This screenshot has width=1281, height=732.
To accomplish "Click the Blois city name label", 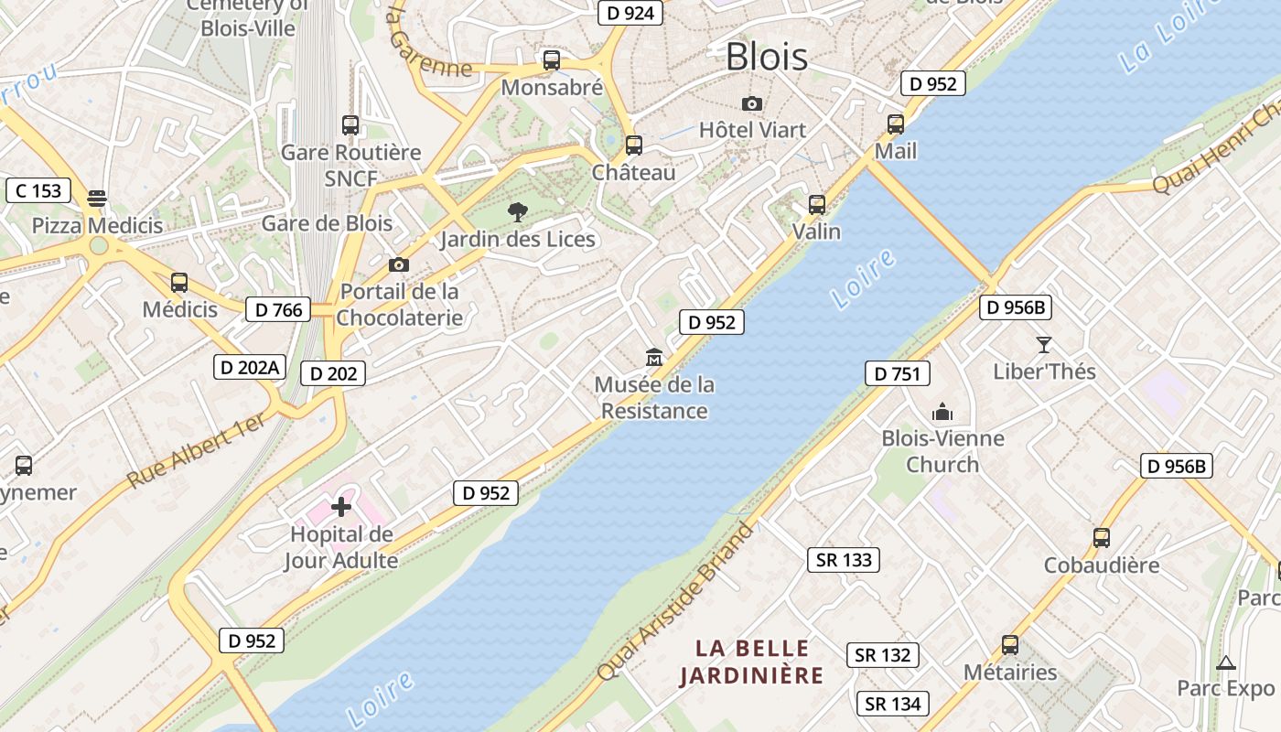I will pyautogui.click(x=767, y=57).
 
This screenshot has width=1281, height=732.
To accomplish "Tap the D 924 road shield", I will pyautogui.click(x=630, y=12).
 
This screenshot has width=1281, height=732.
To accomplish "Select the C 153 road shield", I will pyautogui.click(x=38, y=190).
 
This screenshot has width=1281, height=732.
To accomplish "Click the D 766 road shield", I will pyautogui.click(x=278, y=309).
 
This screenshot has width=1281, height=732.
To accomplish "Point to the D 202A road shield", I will pyautogui.click(x=250, y=368).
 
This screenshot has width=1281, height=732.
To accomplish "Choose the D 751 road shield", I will pyautogui.click(x=897, y=373).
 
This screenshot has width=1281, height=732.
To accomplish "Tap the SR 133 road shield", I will pyautogui.click(x=843, y=560).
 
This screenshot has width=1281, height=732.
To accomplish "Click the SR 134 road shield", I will pyautogui.click(x=893, y=704).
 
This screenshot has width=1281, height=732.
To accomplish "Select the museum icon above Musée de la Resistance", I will pyautogui.click(x=654, y=357).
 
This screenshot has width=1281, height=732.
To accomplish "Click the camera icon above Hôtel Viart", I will pyautogui.click(x=752, y=103).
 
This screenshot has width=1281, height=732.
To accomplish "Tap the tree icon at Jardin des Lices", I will pyautogui.click(x=517, y=212).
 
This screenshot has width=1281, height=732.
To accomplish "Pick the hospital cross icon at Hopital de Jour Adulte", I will pyautogui.click(x=341, y=507).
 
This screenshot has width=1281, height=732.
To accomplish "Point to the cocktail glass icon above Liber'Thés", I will pyautogui.click(x=1044, y=345).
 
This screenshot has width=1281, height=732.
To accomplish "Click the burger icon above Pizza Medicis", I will pyautogui.click(x=97, y=199).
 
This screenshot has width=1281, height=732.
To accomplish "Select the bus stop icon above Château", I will pyautogui.click(x=633, y=145).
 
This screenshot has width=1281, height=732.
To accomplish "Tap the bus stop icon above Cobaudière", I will pyautogui.click(x=1102, y=537).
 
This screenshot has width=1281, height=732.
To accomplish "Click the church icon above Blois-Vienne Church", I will pyautogui.click(x=942, y=412).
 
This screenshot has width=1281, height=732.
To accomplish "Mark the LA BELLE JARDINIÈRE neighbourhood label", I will pyautogui.click(x=752, y=662).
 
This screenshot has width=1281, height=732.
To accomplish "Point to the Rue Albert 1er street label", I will pyautogui.click(x=196, y=450).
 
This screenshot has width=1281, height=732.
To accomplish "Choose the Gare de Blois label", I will pyautogui.click(x=327, y=223).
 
